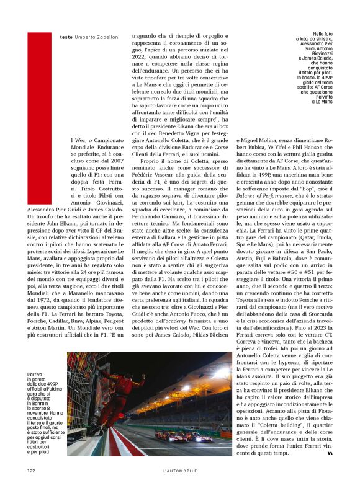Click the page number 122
coord(31,470)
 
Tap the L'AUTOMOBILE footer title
coord(179,470)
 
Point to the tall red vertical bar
coord(35,118)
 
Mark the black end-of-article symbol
coord(330,452)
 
